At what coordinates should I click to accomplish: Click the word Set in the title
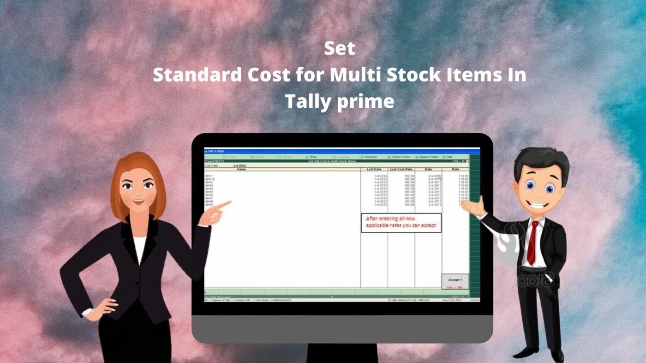click(339, 48)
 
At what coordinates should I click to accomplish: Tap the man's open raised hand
click(473, 206)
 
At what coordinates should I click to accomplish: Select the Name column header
click(241, 169)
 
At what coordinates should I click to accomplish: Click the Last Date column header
click(374, 169)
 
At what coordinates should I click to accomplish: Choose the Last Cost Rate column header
click(401, 169)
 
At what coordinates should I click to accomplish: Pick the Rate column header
click(455, 169)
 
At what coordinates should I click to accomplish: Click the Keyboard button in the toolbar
click(370, 157)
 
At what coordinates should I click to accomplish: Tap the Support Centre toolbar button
click(427, 157)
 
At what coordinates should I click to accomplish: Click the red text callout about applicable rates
click(401, 222)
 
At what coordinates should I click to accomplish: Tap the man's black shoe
click(526, 352)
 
